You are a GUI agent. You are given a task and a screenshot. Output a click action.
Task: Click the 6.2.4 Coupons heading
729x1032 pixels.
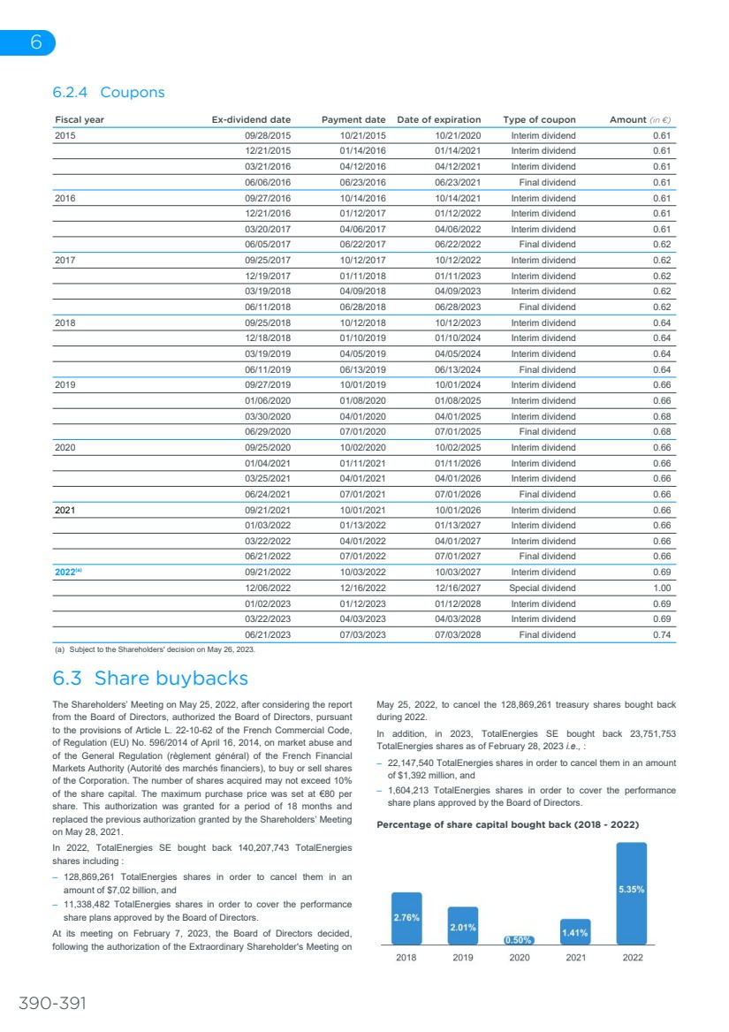click(x=108, y=92)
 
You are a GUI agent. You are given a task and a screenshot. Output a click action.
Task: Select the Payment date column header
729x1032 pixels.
click(x=353, y=119)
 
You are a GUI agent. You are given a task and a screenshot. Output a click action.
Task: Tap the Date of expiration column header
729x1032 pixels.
click(x=439, y=119)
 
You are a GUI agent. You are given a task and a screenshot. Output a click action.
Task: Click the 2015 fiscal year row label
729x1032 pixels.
click(x=65, y=135)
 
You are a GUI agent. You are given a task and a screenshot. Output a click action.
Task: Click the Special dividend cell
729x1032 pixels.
click(x=542, y=588)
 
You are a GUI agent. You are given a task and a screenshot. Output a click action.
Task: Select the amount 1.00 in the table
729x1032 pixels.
click(x=661, y=588)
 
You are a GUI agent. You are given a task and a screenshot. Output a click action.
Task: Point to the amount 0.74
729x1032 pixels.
click(x=661, y=634)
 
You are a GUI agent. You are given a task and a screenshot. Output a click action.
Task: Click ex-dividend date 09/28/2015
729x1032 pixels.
click(x=268, y=135)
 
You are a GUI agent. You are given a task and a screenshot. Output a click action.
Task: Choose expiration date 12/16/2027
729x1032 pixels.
click(x=458, y=588)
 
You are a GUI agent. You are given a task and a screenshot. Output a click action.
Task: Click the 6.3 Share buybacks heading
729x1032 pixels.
click(x=150, y=679)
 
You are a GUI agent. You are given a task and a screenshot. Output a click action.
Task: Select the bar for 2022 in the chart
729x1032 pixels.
click(x=631, y=893)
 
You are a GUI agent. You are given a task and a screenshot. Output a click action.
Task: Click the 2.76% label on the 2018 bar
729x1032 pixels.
click(x=406, y=917)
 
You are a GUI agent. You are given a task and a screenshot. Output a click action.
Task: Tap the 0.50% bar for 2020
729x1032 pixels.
click(x=520, y=940)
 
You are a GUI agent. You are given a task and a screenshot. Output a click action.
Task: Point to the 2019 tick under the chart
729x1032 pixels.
click(x=463, y=958)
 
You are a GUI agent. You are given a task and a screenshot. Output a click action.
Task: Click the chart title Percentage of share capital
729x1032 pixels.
click(x=507, y=824)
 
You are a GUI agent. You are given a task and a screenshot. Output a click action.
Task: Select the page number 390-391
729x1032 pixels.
click(x=53, y=1002)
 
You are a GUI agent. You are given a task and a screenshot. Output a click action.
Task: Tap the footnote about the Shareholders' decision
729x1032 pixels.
click(x=155, y=650)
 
